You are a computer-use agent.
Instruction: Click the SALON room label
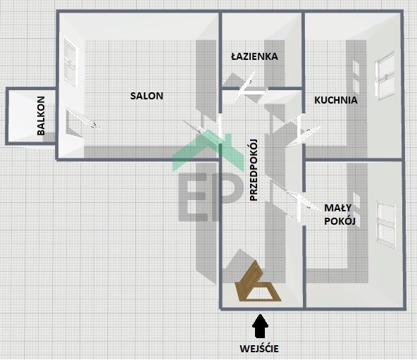tap(147, 96)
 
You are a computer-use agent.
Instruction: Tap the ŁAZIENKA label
tap(254, 56)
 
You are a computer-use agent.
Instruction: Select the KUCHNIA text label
tap(336, 100)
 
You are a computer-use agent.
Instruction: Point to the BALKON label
tap(41, 116)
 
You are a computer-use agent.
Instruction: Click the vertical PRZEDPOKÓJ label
tap(254, 170)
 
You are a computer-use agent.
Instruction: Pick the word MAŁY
tap(337, 208)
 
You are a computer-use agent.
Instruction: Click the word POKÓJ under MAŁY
tap(340, 221)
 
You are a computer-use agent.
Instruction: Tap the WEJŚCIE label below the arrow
tap(259, 349)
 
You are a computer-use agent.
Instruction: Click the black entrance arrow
tap(260, 326)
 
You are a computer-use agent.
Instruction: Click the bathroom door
tap(250, 87)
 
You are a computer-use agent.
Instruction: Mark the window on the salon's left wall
tap(70, 62)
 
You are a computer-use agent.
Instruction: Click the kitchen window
tap(385, 76)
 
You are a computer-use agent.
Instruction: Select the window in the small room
tap(386, 225)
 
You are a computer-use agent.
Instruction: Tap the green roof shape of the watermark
tap(208, 150)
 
